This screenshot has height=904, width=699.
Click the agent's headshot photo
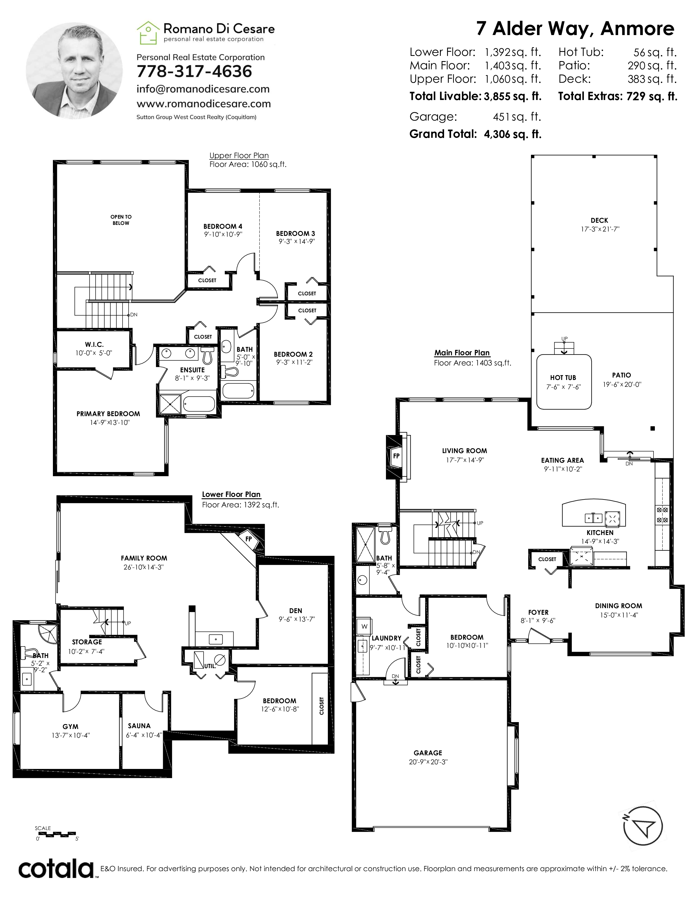pyautogui.click(x=74, y=71)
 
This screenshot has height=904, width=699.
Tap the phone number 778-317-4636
pyautogui.click(x=194, y=71)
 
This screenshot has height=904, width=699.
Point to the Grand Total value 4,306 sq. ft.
pyautogui.click(x=513, y=134)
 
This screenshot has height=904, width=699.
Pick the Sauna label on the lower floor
pyautogui.click(x=139, y=726)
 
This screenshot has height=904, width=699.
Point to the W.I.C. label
pyautogui.click(x=94, y=344)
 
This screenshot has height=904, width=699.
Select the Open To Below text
pyautogui.click(x=121, y=220)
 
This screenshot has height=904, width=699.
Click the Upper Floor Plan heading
pyautogui.click(x=239, y=156)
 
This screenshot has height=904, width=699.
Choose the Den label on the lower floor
pyautogui.click(x=296, y=611)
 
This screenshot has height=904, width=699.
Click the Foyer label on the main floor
pyautogui.click(x=538, y=612)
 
